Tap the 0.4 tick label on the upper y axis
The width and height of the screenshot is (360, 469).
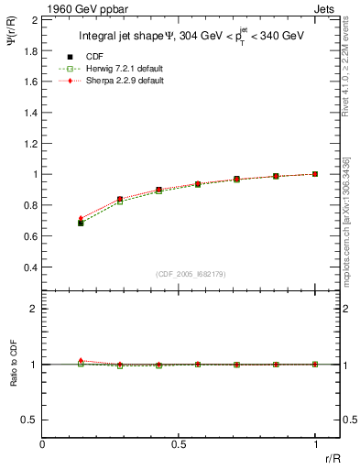29,267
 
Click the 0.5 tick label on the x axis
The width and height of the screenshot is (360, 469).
179,444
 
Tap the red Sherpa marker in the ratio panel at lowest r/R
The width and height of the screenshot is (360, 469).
81,361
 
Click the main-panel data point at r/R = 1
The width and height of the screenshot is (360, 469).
315,174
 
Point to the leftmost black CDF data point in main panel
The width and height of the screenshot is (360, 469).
81,223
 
